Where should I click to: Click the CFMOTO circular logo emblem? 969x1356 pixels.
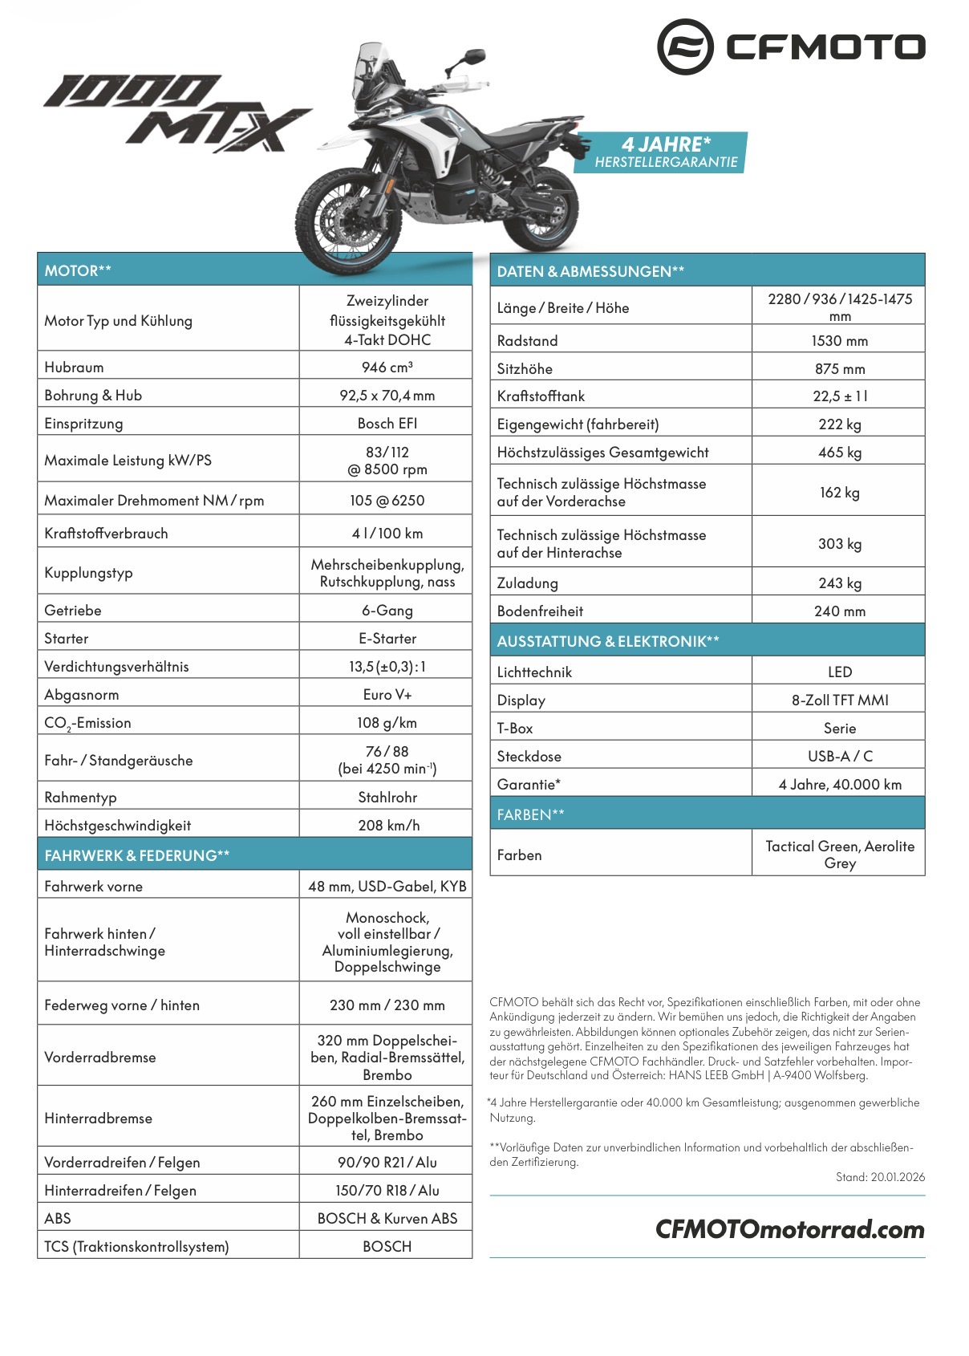coord(684,47)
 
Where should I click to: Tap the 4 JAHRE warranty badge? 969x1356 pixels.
coord(665,152)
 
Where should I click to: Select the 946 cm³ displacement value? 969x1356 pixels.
coord(387,367)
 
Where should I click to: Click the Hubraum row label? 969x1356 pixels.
coord(74,367)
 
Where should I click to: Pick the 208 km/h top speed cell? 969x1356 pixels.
coord(388,825)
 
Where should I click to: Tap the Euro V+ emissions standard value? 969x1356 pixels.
coord(387,695)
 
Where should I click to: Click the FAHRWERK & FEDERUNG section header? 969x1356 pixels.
coord(137,855)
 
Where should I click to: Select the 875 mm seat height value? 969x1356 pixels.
coord(839,369)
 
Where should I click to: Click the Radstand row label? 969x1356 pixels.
coord(527,341)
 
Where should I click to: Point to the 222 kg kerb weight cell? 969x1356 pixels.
coord(839,424)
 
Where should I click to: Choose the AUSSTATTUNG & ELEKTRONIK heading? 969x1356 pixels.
coord(607,641)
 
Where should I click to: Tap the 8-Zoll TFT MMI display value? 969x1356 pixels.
coord(839,700)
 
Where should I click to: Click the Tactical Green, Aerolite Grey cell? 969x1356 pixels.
coord(839,855)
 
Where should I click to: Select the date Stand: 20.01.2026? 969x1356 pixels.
coord(879,1177)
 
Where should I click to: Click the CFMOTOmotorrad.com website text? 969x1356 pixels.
coord(789,1229)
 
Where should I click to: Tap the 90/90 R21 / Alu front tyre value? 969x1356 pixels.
coord(387,1163)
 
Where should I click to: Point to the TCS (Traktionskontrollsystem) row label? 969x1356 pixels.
coord(136,1247)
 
